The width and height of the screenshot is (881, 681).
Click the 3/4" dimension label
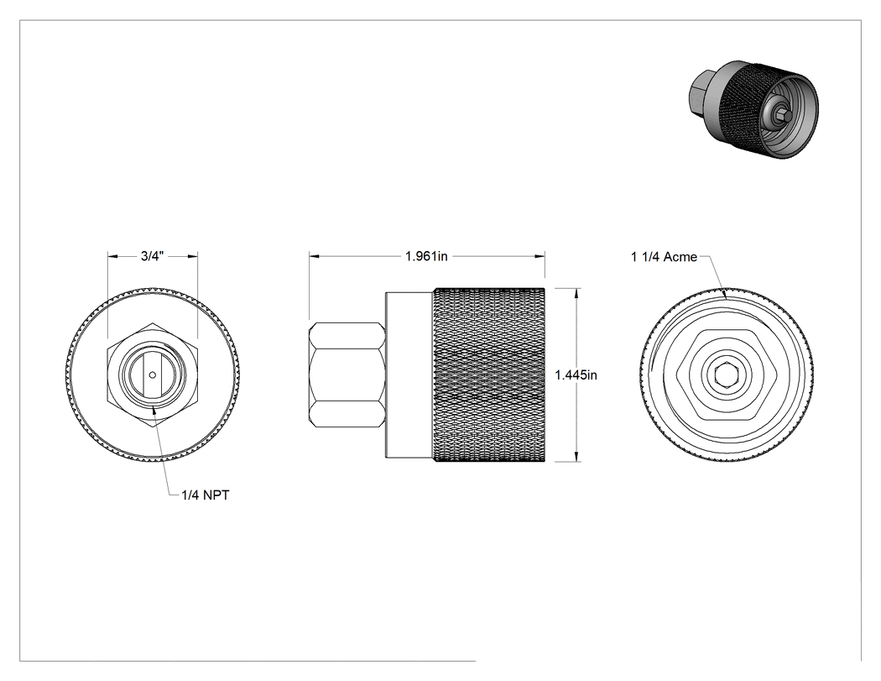pyautogui.click(x=152, y=256)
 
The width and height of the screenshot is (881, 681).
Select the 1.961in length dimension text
pyautogui.click(x=426, y=256)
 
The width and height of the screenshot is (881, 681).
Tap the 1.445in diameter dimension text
pyautogui.click(x=576, y=375)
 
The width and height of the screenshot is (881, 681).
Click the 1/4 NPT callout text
pyautogui.click(x=205, y=495)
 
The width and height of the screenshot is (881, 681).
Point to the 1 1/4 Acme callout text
pyautogui.click(x=665, y=257)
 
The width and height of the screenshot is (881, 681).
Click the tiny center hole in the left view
pyautogui.click(x=152, y=375)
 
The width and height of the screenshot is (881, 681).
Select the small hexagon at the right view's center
pyautogui.click(x=726, y=375)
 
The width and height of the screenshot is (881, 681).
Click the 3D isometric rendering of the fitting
pyautogui.click(x=753, y=108)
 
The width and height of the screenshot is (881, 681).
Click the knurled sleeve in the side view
pyautogui.click(x=489, y=375)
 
